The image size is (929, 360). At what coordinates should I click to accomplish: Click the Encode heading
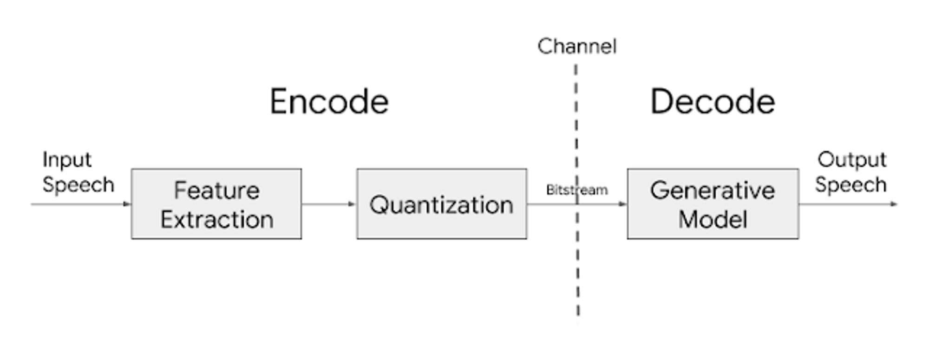click(329, 102)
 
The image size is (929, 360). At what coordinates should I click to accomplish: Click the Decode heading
click(713, 102)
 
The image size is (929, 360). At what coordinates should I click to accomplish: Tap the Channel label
click(577, 46)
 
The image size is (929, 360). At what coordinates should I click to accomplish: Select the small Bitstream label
click(577, 190)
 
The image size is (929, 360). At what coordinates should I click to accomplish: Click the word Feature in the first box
click(216, 190)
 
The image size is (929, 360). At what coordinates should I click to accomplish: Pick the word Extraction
click(217, 220)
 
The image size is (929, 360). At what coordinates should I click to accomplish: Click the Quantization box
click(442, 204)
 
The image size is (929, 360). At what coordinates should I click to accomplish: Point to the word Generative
click(713, 190)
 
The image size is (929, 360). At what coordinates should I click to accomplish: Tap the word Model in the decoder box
click(713, 220)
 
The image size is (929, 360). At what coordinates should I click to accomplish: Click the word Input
click(67, 160)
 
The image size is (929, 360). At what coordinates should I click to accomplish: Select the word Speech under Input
click(79, 185)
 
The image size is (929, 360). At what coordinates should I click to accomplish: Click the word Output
click(852, 160)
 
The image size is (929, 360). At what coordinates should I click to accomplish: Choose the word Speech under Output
click(851, 185)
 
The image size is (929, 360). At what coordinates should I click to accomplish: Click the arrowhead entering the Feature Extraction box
click(128, 204)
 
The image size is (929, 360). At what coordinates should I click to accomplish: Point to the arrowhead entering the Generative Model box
click(623, 204)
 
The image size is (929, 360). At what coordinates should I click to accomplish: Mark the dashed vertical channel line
click(577, 190)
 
